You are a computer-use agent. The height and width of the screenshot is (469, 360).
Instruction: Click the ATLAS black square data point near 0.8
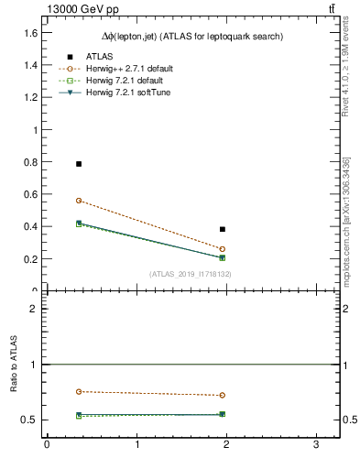coord(79,164)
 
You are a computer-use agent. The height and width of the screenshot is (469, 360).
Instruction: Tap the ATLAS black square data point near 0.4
coord(223,229)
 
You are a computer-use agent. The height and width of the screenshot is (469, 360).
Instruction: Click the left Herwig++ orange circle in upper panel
coord(79,201)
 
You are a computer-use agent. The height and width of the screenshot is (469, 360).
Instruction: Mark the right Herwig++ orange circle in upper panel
coord(223,249)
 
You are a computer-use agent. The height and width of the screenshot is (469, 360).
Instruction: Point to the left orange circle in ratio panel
coord(79,391)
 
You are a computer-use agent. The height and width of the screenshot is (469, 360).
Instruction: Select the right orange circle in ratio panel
coord(223,396)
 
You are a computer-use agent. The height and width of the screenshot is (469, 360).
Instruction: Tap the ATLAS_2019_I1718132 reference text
coord(191,274)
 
